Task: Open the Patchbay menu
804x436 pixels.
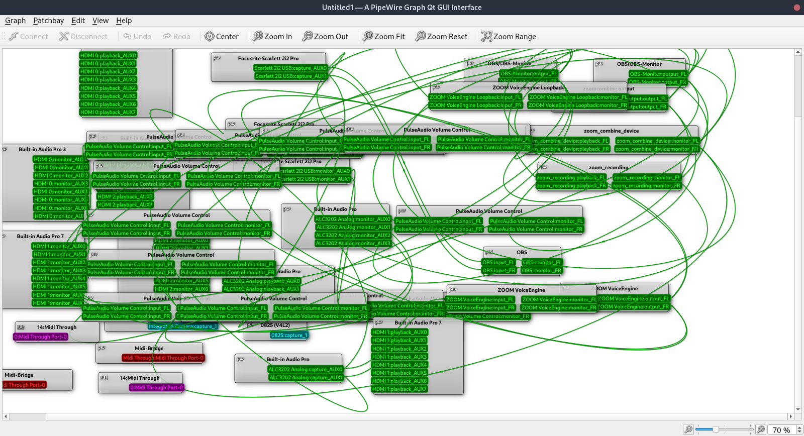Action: tap(48, 21)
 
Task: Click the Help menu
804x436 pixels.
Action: tap(124, 21)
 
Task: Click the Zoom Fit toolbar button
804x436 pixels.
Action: tap(384, 37)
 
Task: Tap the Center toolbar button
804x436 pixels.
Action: tap(222, 37)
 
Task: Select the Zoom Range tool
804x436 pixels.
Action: tap(509, 37)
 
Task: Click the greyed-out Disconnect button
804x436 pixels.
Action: tap(83, 37)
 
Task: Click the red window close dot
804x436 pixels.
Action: tap(796, 8)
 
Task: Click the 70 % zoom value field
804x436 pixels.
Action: tap(781, 430)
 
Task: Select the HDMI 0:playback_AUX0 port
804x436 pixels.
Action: tap(108, 56)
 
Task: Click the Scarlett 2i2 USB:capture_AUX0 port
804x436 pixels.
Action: tap(290, 68)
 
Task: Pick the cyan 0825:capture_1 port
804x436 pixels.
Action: tap(289, 336)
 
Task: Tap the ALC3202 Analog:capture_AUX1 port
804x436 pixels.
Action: tap(306, 378)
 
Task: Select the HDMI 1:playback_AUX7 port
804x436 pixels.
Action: tap(399, 389)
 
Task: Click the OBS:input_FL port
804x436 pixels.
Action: tap(498, 263)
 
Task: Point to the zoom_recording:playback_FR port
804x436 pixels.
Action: tap(571, 186)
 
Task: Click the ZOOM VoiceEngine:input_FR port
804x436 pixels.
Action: tap(480, 308)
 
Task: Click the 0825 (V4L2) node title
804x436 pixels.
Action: tap(275, 325)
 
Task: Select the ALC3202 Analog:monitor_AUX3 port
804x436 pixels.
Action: tap(353, 244)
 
